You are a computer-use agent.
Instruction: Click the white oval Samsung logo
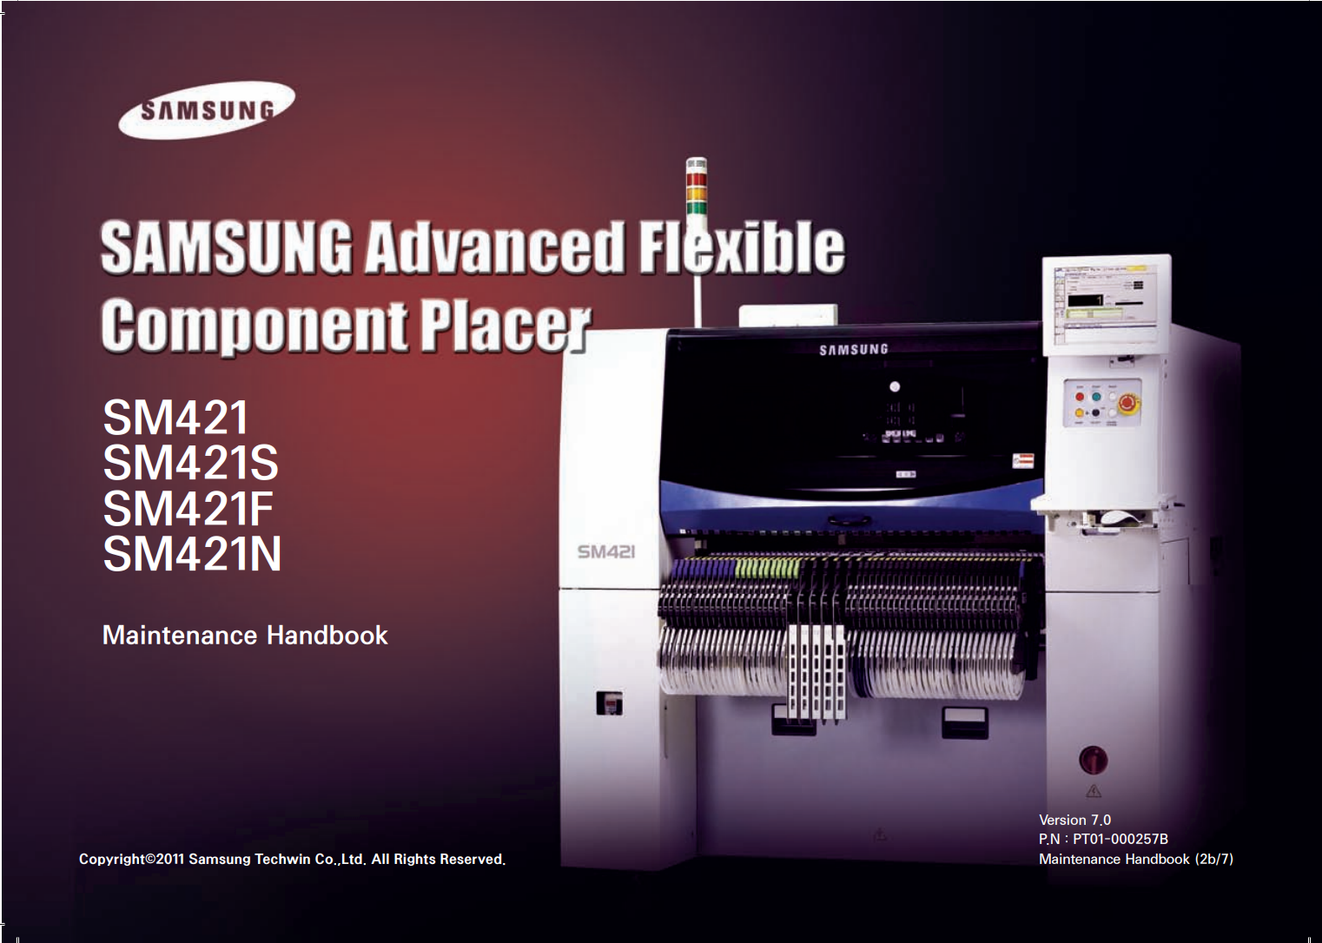[207, 110]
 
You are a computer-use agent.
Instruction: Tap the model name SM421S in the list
[190, 463]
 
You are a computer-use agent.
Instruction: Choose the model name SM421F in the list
[188, 508]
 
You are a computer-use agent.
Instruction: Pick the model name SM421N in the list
[192, 554]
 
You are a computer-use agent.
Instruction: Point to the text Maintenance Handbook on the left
[245, 636]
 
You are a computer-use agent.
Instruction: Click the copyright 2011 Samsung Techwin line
[292, 860]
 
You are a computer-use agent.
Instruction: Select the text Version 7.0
[1074, 820]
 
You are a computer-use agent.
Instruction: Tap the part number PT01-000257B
[1120, 839]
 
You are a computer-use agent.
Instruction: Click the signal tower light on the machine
[696, 187]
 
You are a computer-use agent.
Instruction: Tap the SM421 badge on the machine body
[606, 551]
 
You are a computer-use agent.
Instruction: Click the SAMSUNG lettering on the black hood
[853, 349]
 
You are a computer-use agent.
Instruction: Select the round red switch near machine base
[1093, 759]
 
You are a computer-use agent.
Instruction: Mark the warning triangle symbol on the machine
[1094, 791]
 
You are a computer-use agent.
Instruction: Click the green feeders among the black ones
[767, 568]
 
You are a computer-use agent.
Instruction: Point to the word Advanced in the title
[493, 247]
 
